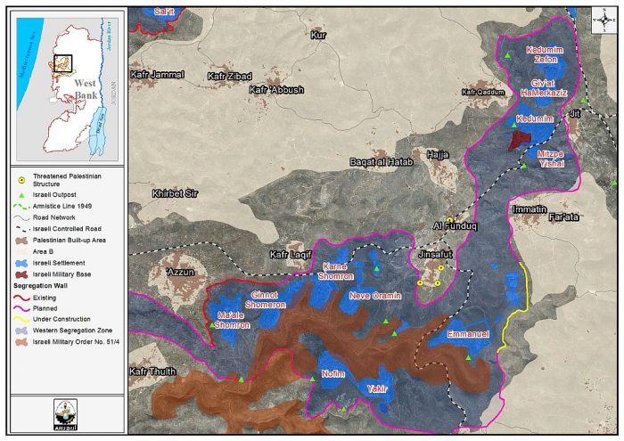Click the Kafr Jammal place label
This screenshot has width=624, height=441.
(157, 75)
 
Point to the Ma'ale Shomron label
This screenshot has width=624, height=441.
(233, 321)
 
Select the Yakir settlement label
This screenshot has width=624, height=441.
(374, 389)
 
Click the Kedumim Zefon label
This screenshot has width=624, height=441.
(546, 55)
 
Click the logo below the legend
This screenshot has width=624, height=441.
(65, 412)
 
